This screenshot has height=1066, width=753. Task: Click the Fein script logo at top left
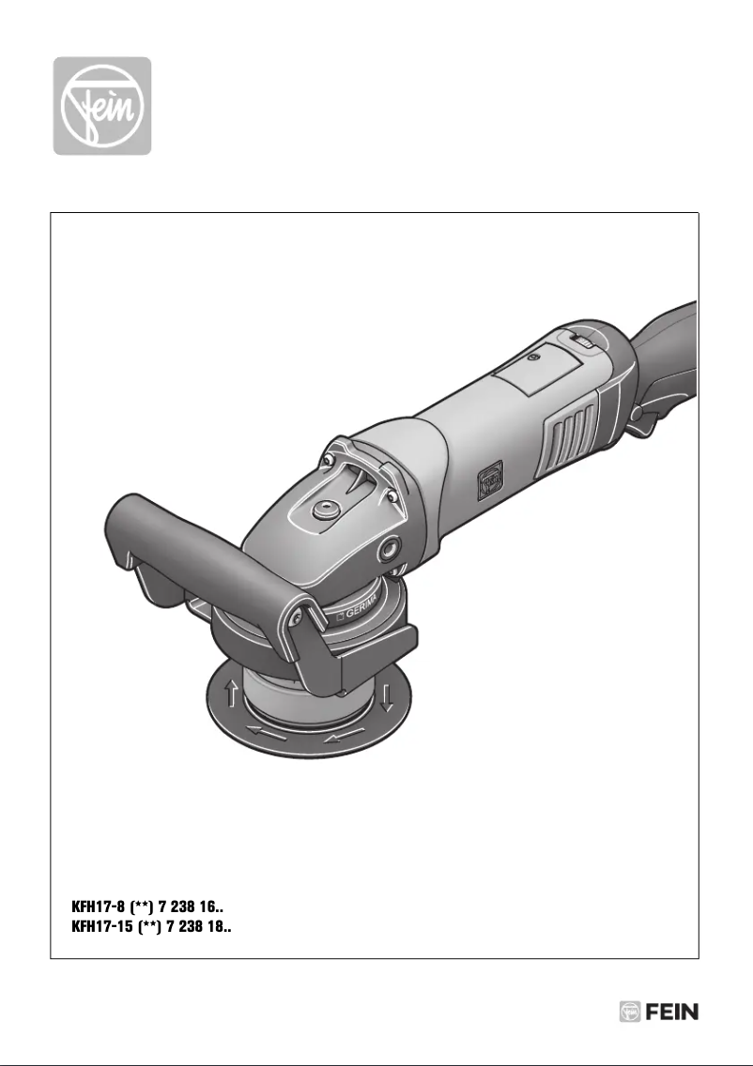coord(101,106)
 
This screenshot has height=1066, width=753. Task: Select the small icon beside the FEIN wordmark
coord(629,1012)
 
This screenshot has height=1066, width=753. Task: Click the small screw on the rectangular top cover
coord(535,358)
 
